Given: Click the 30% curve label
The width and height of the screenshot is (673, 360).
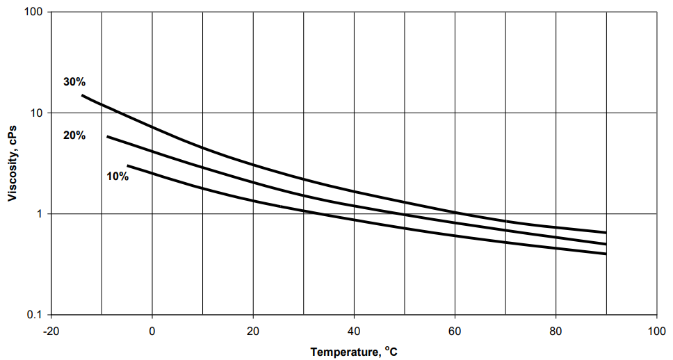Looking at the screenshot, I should [x=74, y=82].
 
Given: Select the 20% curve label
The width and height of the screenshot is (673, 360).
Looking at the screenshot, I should [x=74, y=136].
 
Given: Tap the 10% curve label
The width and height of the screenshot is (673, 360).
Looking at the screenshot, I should [x=117, y=177].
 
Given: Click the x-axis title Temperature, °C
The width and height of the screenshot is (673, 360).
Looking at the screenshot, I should [x=354, y=352].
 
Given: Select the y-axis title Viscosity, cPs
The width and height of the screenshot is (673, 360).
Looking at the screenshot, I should [x=13, y=163].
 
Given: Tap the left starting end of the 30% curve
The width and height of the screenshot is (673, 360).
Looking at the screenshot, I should [x=82, y=95].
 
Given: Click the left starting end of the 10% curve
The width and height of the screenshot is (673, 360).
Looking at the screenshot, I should [x=128, y=165].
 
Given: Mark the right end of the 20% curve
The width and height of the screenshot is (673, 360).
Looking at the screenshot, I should [x=606, y=244].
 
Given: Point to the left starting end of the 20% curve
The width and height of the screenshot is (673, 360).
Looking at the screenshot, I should [x=107, y=136].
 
